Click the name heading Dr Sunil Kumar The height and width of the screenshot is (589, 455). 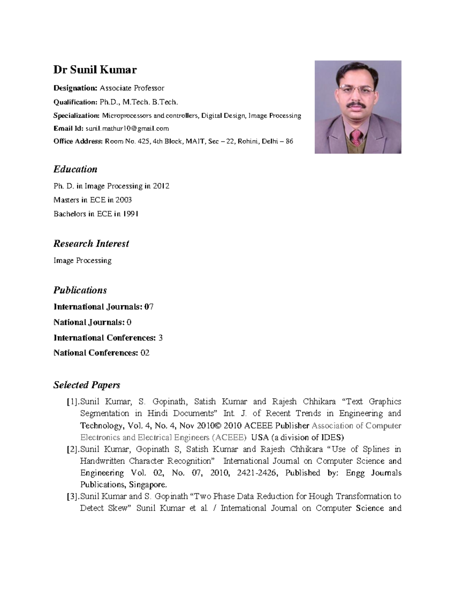pyautogui.click(x=95, y=70)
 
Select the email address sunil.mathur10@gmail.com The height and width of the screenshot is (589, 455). pyautogui.click(x=127, y=129)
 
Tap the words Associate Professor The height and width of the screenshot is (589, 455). pyautogui.click(x=132, y=88)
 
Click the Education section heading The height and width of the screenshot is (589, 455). pyautogui.click(x=75, y=169)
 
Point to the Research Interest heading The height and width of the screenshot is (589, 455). pyautogui.click(x=91, y=243)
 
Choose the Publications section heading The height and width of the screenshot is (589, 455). pyautogui.click(x=80, y=290)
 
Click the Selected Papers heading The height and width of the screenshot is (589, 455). pyautogui.click(x=86, y=385)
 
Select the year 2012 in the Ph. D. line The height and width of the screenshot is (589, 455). pyautogui.click(x=161, y=186)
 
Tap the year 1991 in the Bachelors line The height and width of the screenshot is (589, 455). pyautogui.click(x=130, y=214)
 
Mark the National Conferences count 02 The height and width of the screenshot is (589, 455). pyautogui.click(x=145, y=353)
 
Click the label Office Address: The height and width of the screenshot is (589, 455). pyautogui.click(x=78, y=141)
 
